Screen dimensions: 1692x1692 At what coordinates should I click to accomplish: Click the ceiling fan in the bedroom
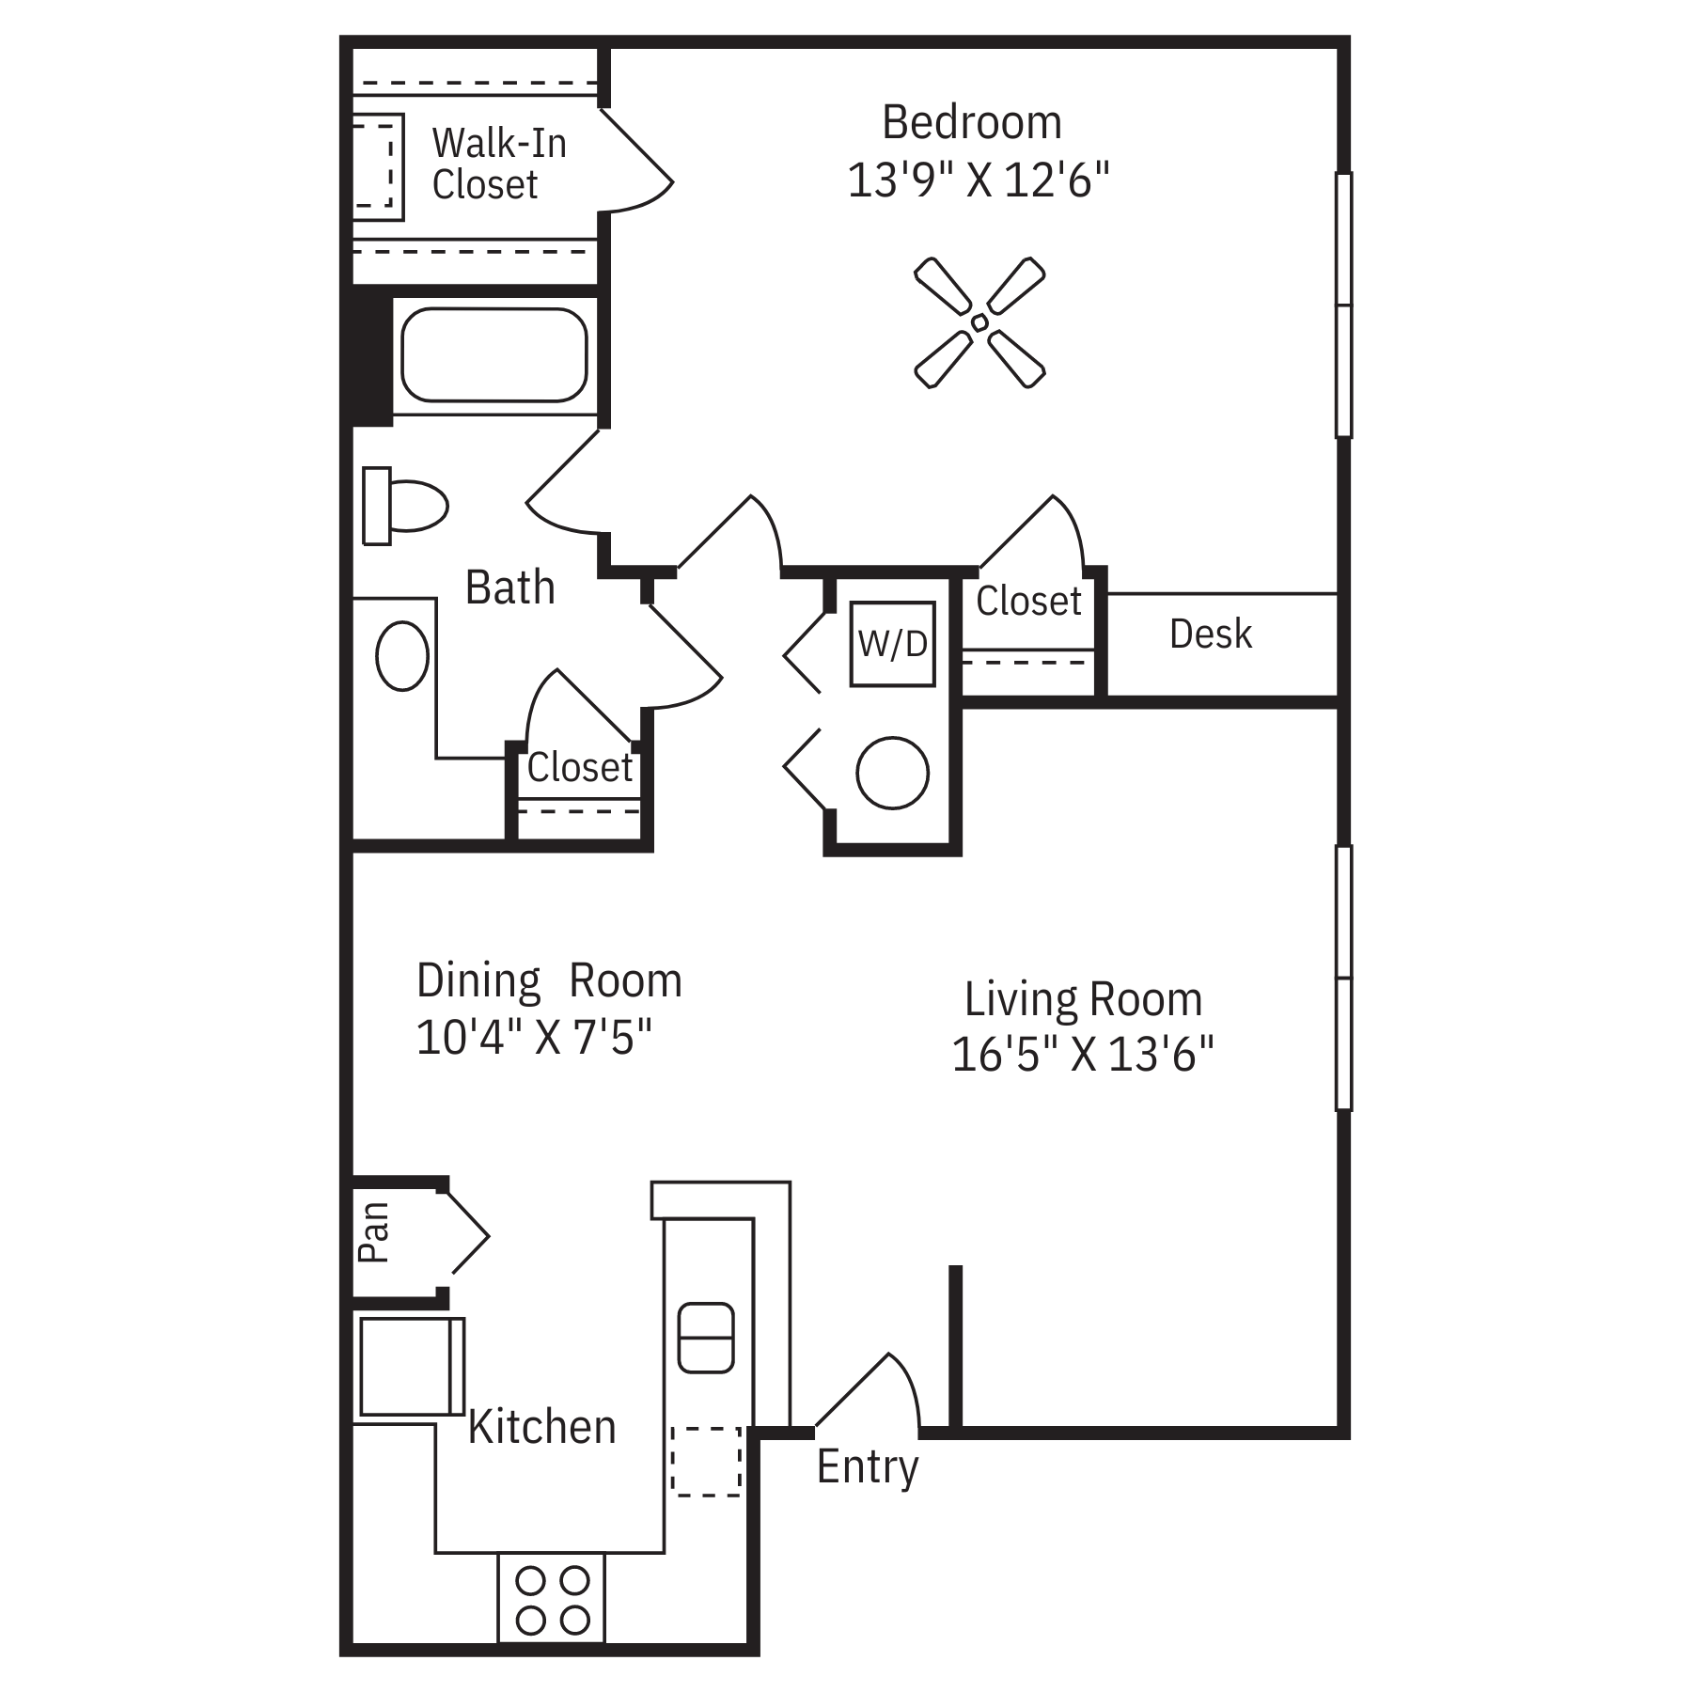coord(979,322)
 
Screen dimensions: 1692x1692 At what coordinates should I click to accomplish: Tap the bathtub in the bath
coord(494,354)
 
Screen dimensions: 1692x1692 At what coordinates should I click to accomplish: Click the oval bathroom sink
coord(402,656)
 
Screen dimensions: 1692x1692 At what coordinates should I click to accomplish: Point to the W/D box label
coord(892,644)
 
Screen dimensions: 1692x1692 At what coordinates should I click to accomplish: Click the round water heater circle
coord(892,773)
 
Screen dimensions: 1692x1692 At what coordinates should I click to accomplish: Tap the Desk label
coord(1211,634)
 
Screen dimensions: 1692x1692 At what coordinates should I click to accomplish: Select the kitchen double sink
coord(705,1337)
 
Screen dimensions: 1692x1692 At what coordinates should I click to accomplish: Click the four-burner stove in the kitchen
coord(552,1600)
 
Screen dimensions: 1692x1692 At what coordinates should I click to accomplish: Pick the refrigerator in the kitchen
coord(411,1366)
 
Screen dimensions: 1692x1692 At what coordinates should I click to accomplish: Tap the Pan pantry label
coord(374,1232)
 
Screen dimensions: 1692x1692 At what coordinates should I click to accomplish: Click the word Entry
coord(867,1467)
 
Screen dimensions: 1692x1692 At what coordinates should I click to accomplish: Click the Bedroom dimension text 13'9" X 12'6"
coord(979,180)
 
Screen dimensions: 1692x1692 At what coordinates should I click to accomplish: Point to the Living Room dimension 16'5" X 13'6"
coord(1083,1054)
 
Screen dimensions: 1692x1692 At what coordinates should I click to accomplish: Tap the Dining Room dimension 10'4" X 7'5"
coord(534,1039)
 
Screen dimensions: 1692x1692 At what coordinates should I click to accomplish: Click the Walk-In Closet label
coord(499,164)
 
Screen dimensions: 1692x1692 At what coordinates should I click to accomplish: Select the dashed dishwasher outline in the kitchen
coord(706,1461)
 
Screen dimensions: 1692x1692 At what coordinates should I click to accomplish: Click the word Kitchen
coord(541,1427)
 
